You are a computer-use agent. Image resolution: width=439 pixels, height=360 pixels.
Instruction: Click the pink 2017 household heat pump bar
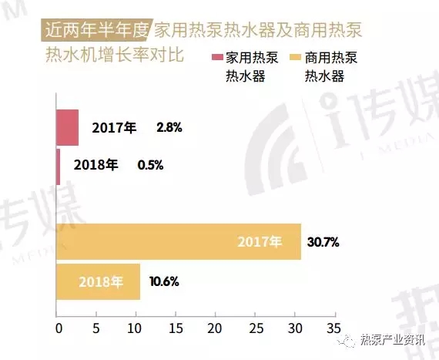coord(67,127)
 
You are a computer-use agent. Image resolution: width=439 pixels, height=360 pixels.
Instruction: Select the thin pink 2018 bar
coord(58,166)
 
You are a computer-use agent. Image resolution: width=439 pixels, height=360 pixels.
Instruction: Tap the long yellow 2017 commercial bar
coord(178,241)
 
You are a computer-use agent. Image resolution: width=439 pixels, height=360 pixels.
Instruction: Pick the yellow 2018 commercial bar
coord(98,281)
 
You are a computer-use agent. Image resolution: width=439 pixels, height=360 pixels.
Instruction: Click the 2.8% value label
coord(169,128)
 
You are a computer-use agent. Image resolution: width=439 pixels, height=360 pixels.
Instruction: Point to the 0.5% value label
coord(150,165)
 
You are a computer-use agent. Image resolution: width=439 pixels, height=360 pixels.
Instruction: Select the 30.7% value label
coord(323,242)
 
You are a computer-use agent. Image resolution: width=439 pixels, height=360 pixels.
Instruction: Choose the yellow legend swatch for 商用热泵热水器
coord(294,59)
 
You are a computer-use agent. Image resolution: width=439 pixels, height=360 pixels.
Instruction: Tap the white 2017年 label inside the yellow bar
coord(260,242)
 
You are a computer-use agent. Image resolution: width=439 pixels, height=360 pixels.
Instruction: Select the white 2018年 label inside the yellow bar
coord(101,281)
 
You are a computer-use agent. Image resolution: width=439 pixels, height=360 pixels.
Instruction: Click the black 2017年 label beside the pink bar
coord(113,128)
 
